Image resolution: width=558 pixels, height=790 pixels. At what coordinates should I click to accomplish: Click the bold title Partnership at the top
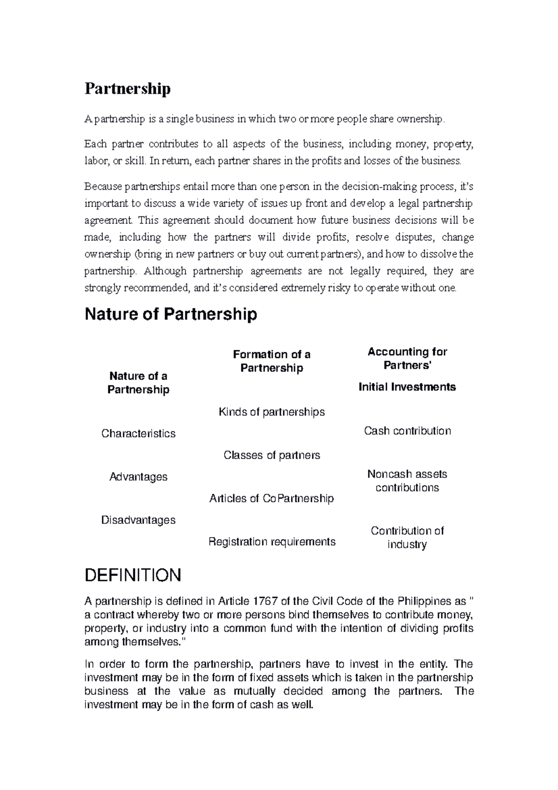point(127,88)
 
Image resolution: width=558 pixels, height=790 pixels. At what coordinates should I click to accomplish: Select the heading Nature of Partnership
point(170,314)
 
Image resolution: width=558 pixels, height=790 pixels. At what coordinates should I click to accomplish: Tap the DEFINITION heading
point(133,576)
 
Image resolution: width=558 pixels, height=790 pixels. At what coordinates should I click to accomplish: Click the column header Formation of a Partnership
point(272,361)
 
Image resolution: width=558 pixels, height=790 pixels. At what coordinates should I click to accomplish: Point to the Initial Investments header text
point(407,387)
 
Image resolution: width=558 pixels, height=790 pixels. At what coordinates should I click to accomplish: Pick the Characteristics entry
point(138,434)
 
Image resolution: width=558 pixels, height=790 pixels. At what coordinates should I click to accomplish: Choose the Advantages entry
point(138,477)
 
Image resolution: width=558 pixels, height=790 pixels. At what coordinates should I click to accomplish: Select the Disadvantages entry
point(138,520)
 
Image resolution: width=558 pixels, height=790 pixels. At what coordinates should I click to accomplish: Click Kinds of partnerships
point(272,412)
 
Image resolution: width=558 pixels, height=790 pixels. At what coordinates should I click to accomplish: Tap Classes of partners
point(272,455)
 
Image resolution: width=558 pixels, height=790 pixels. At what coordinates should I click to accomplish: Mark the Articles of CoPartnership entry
point(272,499)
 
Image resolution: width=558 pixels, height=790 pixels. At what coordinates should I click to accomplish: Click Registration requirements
point(272,542)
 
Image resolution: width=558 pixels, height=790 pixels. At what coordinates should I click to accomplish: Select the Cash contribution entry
point(407,431)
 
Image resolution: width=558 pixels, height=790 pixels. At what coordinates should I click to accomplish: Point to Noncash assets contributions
point(407,481)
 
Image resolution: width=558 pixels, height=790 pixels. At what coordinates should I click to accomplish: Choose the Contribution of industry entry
point(407,538)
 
